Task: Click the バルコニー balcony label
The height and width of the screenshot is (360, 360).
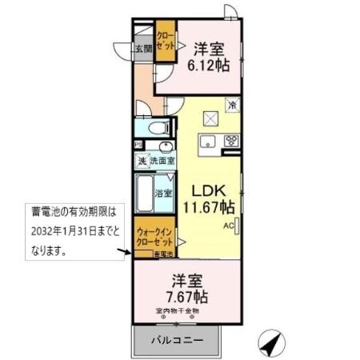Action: (x=177, y=340)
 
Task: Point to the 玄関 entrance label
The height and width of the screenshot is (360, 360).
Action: (x=143, y=50)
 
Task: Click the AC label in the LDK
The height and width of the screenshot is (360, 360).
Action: (x=228, y=226)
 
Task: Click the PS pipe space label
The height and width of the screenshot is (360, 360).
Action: (x=139, y=144)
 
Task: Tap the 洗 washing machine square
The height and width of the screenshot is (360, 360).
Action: (x=142, y=161)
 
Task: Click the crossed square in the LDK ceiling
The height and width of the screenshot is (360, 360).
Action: (x=212, y=118)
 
